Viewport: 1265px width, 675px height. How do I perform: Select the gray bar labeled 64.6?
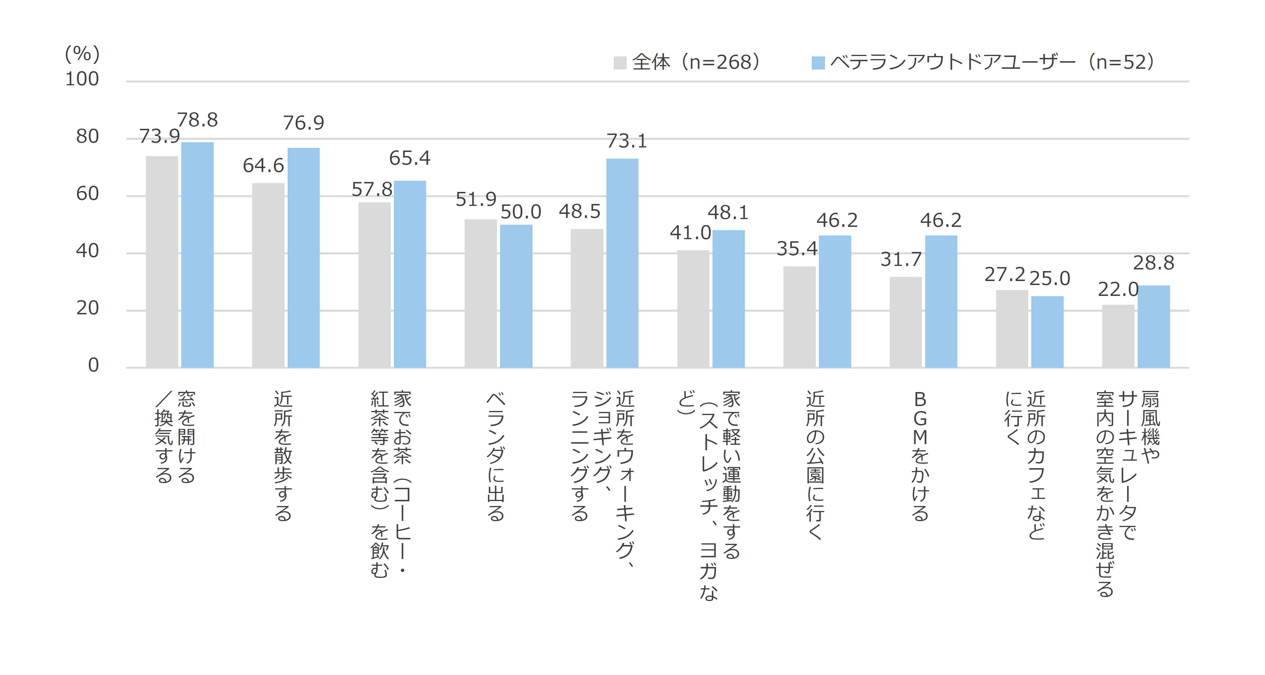pyautogui.click(x=268, y=275)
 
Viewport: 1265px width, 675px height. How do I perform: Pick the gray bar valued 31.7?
pyautogui.click(x=905, y=322)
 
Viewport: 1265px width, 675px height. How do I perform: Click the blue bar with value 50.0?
pyautogui.click(x=516, y=296)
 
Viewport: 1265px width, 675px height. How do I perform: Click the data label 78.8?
pyautogui.click(x=197, y=120)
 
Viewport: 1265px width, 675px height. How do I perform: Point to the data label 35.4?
pyautogui.click(x=797, y=249)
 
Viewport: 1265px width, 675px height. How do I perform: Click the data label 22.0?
pyautogui.click(x=1118, y=290)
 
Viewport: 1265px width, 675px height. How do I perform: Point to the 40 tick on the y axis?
pyautogui.click(x=87, y=251)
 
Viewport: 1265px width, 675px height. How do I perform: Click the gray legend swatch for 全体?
pyautogui.click(x=620, y=63)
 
